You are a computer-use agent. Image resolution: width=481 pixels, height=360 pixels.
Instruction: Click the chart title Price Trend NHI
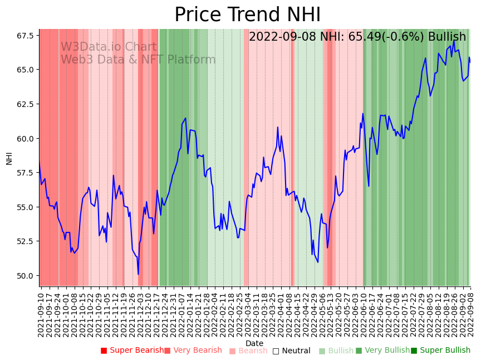pyautogui.click(x=247, y=15)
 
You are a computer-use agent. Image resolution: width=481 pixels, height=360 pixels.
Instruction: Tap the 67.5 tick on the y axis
pyautogui.click(x=24, y=36)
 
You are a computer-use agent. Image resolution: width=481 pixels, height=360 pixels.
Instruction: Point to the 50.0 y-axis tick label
pyautogui.click(x=24, y=276)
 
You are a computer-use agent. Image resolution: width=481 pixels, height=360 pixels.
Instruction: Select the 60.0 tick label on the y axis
pyautogui.click(x=24, y=139)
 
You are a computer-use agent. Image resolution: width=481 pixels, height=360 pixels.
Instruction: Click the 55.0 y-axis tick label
pyautogui.click(x=24, y=207)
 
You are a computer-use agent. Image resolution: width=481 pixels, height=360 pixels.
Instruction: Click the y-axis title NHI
pyautogui.click(x=9, y=158)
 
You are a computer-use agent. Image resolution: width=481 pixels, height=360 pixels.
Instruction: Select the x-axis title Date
pyautogui.click(x=254, y=343)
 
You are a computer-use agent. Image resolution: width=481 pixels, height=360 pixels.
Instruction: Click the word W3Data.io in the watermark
pyautogui.click(x=91, y=47)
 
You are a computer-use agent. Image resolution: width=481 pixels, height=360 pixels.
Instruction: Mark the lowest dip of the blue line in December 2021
pyautogui.click(x=138, y=274)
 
